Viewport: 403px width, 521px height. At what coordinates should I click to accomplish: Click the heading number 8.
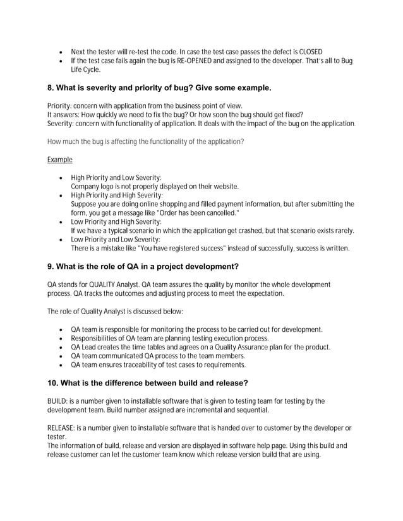[x=51, y=88]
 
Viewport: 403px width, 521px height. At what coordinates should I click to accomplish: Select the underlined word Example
[x=60, y=160]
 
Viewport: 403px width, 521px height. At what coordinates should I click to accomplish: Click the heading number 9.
[x=51, y=266]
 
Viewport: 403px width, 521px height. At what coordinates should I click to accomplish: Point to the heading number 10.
[x=54, y=383]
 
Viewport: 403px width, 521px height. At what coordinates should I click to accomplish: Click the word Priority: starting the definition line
[x=61, y=105]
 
